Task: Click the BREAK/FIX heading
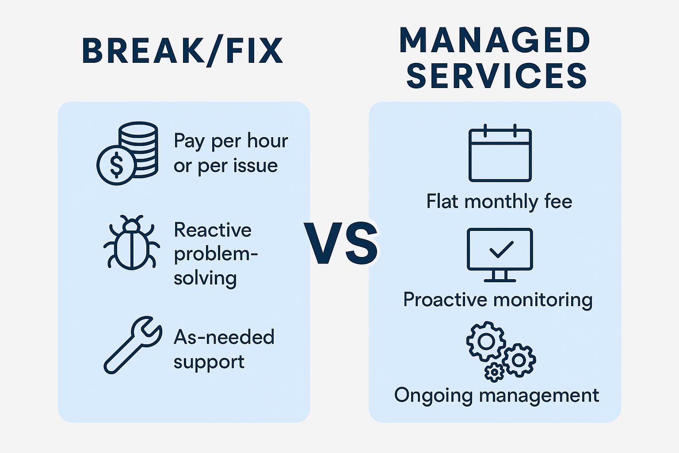182,51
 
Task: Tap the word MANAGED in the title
495,41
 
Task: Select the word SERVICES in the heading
496,76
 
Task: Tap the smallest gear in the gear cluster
494,372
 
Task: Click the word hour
267,141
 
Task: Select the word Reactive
213,230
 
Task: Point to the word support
209,362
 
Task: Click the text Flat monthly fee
499,201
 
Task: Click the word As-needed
224,337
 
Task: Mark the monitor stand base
500,280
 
